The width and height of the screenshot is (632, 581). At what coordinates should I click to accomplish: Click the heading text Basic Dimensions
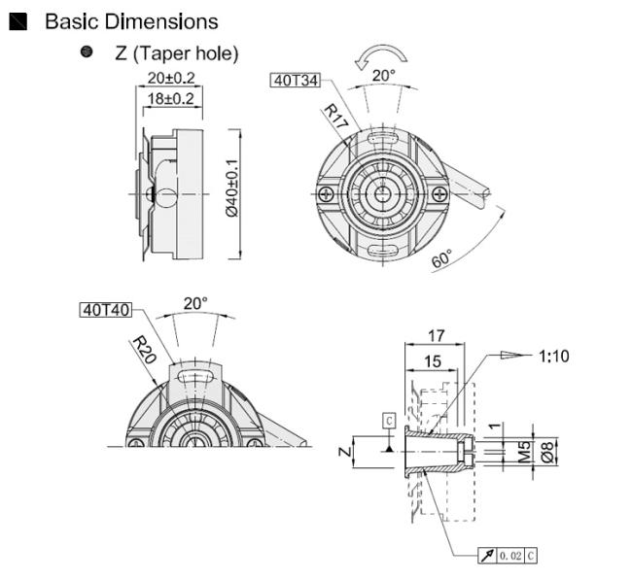131,21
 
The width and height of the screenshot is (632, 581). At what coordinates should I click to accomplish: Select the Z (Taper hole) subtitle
177,53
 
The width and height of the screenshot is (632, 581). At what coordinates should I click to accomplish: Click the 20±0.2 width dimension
171,78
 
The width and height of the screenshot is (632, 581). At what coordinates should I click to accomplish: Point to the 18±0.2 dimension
171,99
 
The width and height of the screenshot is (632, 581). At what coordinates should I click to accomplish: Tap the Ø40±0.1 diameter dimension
232,188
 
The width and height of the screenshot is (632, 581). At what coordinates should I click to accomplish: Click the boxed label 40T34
296,80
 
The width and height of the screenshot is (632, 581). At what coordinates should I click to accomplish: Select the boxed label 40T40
106,310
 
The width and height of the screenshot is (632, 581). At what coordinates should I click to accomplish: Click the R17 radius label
335,116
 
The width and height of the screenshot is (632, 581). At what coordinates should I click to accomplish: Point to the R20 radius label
144,350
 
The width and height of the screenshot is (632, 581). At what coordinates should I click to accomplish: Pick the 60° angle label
442,258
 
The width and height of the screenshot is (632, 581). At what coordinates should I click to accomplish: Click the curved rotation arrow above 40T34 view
381,56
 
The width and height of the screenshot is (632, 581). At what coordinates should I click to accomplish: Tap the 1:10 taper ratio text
554,356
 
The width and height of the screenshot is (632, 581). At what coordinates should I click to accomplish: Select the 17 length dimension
437,336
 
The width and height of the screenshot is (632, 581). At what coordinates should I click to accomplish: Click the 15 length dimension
433,361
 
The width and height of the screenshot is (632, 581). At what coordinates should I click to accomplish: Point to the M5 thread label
524,452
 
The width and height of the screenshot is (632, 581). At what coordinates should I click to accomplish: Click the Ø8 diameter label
547,452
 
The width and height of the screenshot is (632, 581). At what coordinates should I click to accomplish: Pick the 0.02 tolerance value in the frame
510,556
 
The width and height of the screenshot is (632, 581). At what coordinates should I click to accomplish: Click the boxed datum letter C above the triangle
389,421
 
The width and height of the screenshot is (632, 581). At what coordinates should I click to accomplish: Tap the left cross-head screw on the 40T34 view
326,194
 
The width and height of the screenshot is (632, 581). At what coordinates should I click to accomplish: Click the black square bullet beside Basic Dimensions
18,21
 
